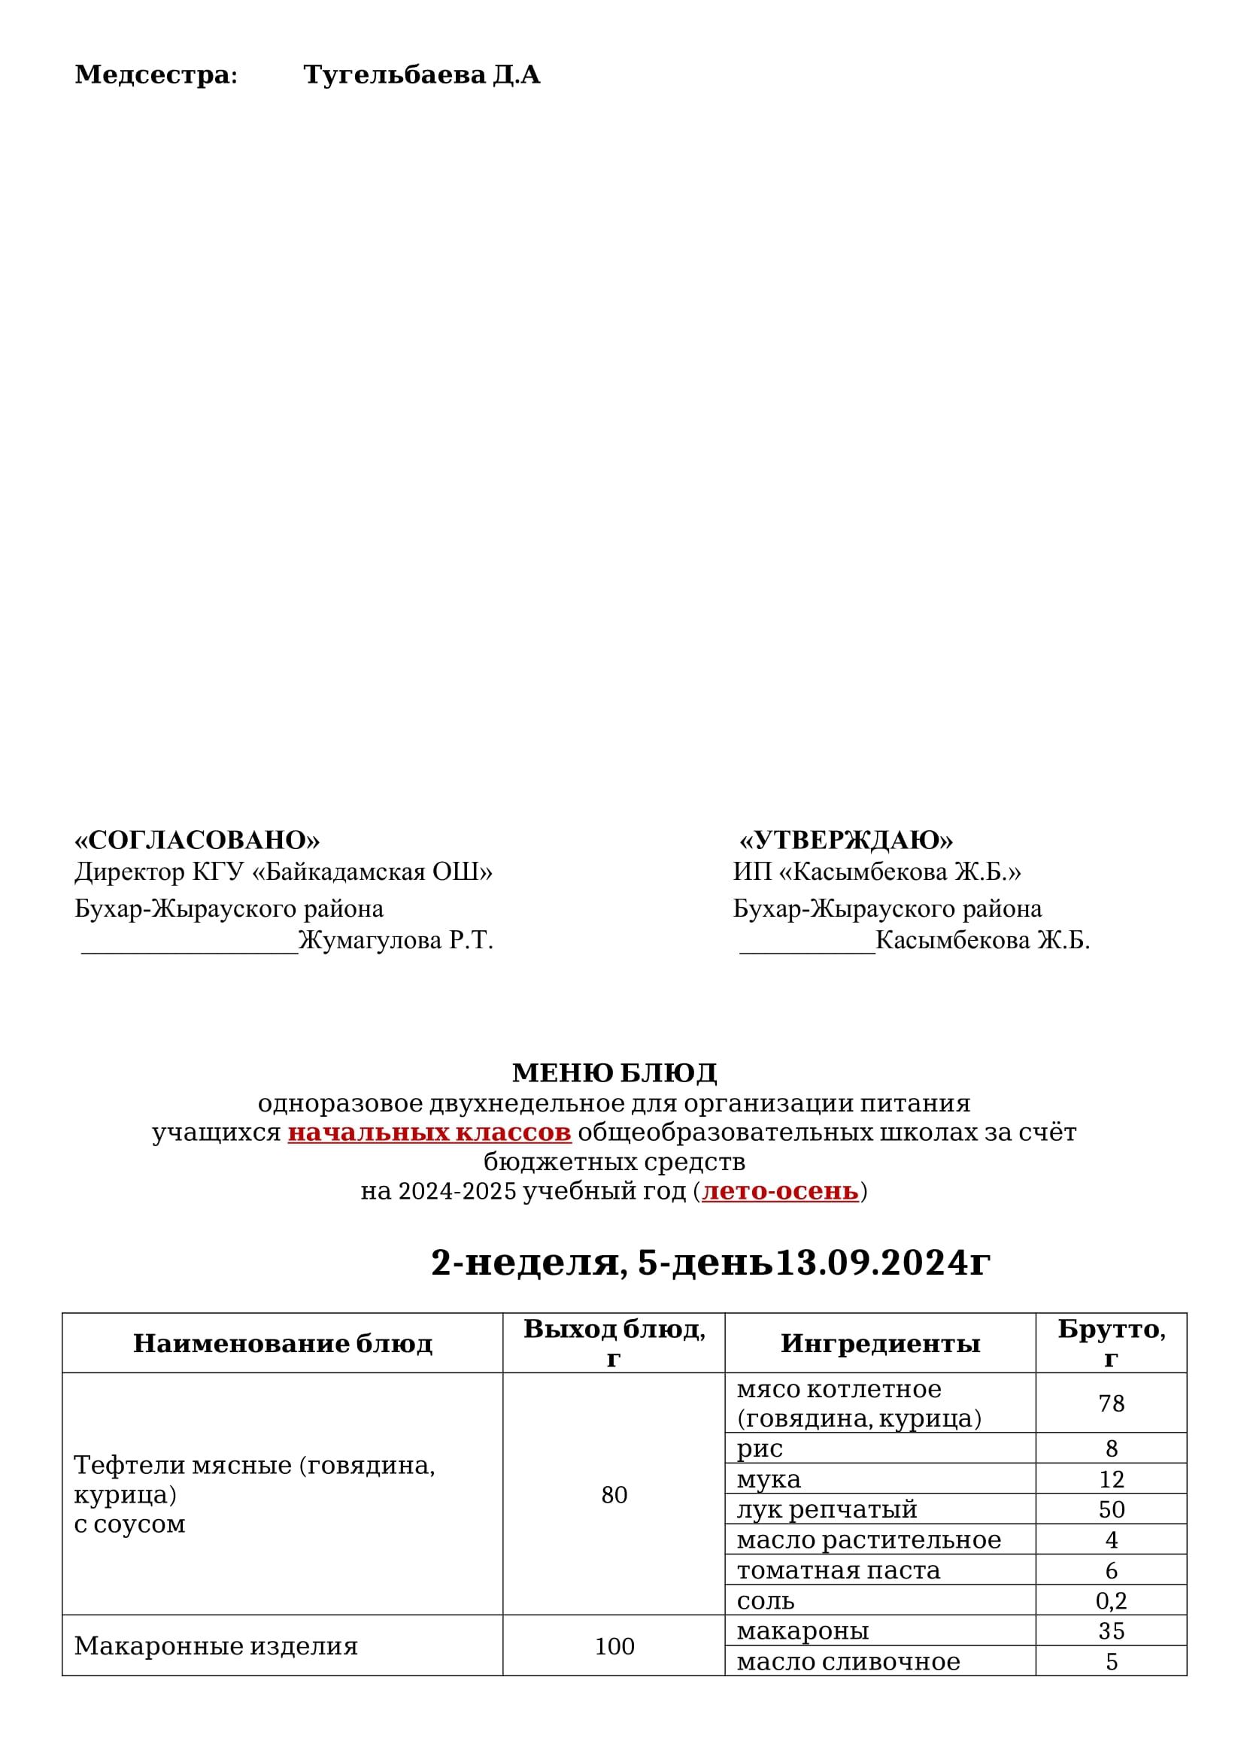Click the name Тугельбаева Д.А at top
421,75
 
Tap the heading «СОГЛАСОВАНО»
197,841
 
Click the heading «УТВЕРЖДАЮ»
845,841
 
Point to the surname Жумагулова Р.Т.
396,940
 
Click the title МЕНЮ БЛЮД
614,1072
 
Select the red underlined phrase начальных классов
429,1133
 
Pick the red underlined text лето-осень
780,1191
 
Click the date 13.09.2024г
882,1263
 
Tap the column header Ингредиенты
880,1343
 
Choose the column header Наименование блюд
283,1343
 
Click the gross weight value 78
1111,1403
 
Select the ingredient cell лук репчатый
827,1509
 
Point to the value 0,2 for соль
1111,1600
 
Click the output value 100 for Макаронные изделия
614,1645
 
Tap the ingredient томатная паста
838,1569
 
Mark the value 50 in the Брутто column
1111,1509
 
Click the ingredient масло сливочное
848,1661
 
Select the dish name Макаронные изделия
216,1645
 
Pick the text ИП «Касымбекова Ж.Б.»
876,872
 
